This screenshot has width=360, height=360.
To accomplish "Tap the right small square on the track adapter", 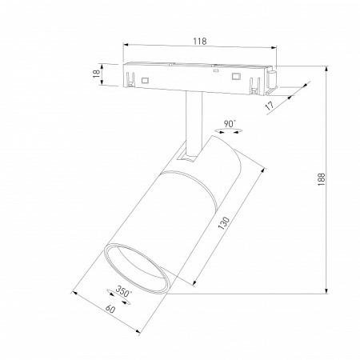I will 236,76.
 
